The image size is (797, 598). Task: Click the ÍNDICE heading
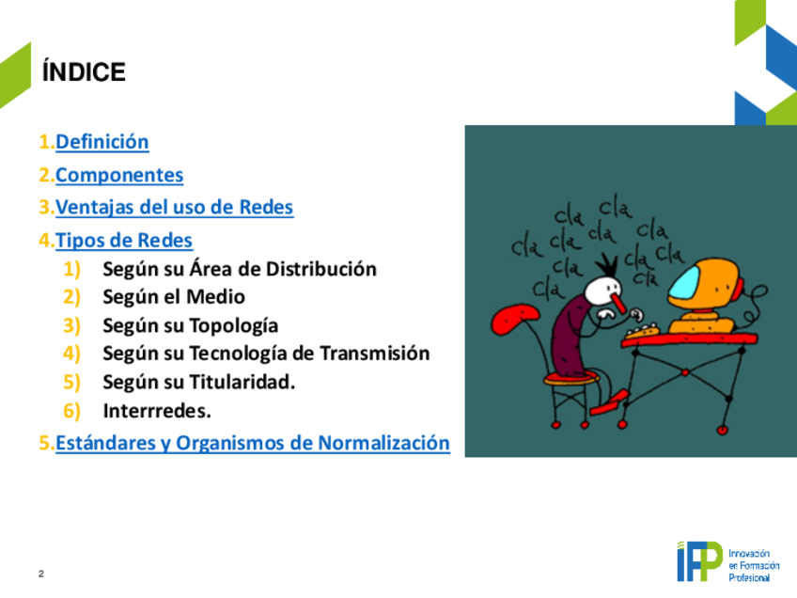click(84, 71)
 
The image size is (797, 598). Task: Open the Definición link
click(102, 142)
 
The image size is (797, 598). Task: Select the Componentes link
click(119, 175)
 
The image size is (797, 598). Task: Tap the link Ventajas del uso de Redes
click(175, 208)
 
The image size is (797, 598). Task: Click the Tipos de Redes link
click(124, 240)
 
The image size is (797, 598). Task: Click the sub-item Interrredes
click(157, 410)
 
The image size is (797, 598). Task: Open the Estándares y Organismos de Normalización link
click(253, 443)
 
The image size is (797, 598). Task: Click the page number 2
click(41, 574)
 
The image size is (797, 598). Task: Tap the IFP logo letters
click(699, 561)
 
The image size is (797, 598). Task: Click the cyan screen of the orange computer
click(687, 282)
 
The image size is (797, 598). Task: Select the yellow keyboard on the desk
click(643, 332)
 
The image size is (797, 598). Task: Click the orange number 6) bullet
click(71, 411)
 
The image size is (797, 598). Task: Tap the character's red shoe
click(609, 401)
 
